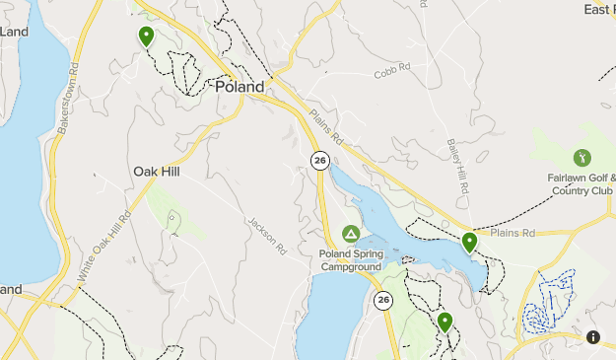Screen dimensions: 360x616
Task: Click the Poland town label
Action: pyautogui.click(x=240, y=87)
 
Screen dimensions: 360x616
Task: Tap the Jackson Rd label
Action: pyautogui.click(x=266, y=234)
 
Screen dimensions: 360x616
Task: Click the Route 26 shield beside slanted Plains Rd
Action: pyautogui.click(x=319, y=160)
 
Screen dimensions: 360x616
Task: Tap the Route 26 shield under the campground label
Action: pyautogui.click(x=383, y=300)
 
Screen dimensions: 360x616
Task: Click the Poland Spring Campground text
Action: pyautogui.click(x=350, y=259)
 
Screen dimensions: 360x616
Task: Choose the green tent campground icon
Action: pyautogui.click(x=350, y=234)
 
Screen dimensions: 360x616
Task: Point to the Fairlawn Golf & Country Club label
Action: pyautogui.click(x=582, y=184)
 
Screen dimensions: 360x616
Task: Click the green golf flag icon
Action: pyautogui.click(x=582, y=157)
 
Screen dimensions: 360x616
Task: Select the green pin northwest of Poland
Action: pyautogui.click(x=147, y=36)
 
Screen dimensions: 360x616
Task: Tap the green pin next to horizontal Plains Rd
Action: pyautogui.click(x=469, y=242)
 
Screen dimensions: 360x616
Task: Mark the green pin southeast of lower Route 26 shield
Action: pyautogui.click(x=445, y=322)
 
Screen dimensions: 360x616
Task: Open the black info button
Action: pyautogui.click(x=593, y=337)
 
